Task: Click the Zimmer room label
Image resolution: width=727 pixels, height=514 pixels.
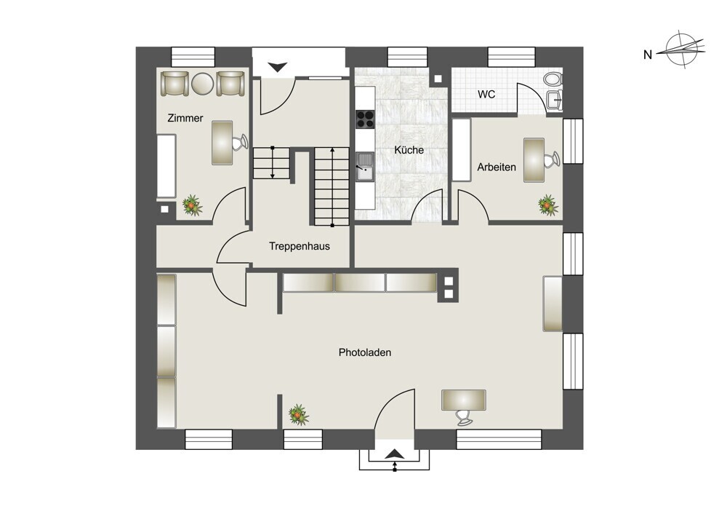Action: pyautogui.click(x=185, y=118)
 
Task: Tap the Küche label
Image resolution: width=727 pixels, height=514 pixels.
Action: pyautogui.click(x=409, y=150)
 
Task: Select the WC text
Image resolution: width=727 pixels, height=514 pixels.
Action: pyautogui.click(x=486, y=94)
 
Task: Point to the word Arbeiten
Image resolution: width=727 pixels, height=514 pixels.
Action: pyautogui.click(x=497, y=167)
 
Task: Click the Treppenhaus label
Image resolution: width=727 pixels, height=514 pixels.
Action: pyautogui.click(x=300, y=246)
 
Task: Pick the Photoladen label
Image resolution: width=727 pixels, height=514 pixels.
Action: pyautogui.click(x=365, y=352)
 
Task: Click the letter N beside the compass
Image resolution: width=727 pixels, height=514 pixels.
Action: pyautogui.click(x=648, y=55)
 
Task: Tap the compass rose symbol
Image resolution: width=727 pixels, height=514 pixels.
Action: pyautogui.click(x=685, y=50)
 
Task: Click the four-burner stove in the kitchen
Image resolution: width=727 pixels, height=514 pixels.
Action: pyautogui.click(x=365, y=119)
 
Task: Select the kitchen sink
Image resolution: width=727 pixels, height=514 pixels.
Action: pyautogui.click(x=365, y=167)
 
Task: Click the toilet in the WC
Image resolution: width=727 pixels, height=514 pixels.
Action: pyautogui.click(x=553, y=79)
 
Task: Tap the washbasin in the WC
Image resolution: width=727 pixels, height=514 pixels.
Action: pyautogui.click(x=555, y=99)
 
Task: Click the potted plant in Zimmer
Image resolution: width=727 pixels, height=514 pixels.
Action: pyautogui.click(x=191, y=205)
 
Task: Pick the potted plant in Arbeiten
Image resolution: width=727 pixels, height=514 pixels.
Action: pyautogui.click(x=547, y=205)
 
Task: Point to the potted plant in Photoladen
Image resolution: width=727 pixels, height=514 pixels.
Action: pyautogui.click(x=299, y=415)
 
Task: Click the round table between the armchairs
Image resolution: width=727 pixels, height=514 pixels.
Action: pyautogui.click(x=202, y=84)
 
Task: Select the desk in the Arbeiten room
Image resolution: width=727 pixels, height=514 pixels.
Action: pyautogui.click(x=534, y=159)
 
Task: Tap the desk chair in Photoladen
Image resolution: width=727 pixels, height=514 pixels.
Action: pyautogui.click(x=464, y=417)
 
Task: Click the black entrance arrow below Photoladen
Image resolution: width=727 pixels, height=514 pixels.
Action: pyautogui.click(x=394, y=454)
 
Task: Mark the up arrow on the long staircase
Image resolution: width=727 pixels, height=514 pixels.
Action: pyautogui.click(x=332, y=187)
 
